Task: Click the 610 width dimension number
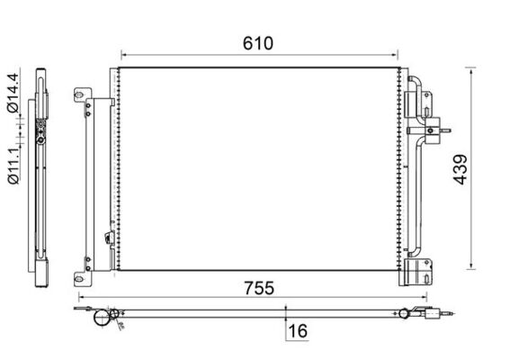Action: coord(258,41)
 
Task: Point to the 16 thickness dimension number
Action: coord(298,332)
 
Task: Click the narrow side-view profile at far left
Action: coord(41,171)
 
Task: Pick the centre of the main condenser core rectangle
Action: coord(258,168)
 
